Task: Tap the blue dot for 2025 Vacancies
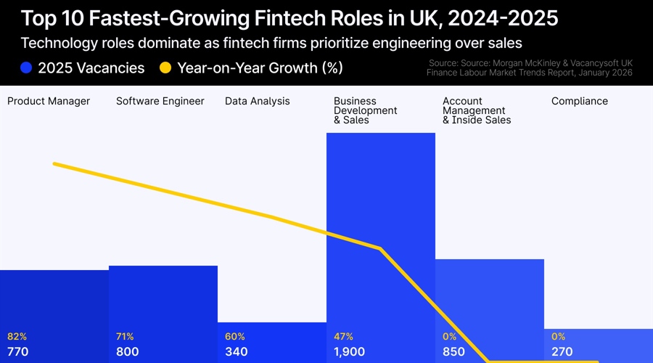[x=27, y=68]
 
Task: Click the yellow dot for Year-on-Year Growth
[x=165, y=68]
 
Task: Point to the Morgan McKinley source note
[x=529, y=68]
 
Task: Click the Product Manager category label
[x=49, y=101]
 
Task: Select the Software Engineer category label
[x=160, y=101]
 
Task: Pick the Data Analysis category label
[x=258, y=101]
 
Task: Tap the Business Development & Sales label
[x=366, y=110]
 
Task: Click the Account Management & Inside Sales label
[x=477, y=110]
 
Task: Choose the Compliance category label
[x=580, y=101]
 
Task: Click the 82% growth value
[x=17, y=337]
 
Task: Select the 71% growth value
[x=125, y=337]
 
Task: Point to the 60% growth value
[x=235, y=337]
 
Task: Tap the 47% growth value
[x=344, y=337]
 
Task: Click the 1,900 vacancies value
[x=350, y=352]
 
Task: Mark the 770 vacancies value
[x=18, y=352]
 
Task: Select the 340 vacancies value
[x=237, y=352]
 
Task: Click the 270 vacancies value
[x=562, y=352]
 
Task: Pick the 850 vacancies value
[x=454, y=352]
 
